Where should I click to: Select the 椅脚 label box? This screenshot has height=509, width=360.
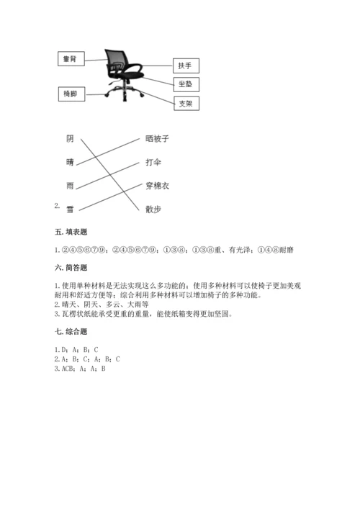pos(69,94)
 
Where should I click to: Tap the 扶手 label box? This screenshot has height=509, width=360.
pos(185,66)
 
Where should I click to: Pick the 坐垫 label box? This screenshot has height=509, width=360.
pos(185,85)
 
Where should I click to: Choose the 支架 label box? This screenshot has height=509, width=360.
pos(185,104)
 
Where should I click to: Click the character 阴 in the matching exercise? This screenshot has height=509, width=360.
pos(70,138)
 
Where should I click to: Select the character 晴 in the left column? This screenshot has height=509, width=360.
pos(70,162)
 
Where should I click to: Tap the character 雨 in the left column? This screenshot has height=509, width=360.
pos(70,186)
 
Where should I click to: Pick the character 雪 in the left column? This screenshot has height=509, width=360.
pos(70,210)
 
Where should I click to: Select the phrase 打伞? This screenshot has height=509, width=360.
pos(153,162)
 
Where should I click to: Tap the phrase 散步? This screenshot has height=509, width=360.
pos(153,210)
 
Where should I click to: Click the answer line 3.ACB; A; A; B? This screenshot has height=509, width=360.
pos(80,368)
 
